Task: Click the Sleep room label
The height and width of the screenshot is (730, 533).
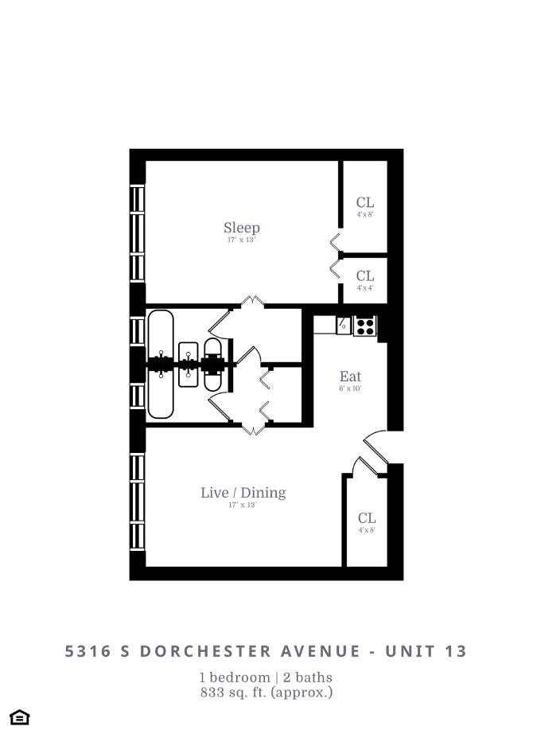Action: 241,228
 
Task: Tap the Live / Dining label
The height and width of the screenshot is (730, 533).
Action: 243,493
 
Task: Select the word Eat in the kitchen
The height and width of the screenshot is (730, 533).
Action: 350,377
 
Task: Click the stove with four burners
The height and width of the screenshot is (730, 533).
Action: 364,326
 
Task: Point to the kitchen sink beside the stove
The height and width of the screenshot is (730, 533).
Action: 344,325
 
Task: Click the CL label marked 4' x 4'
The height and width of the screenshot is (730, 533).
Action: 365,276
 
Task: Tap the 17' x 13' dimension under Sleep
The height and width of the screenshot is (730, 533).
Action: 241,240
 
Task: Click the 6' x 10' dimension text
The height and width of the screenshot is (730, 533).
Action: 350,389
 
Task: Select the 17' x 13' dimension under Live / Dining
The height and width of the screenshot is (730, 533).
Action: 243,505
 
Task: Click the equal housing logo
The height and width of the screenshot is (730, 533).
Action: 20,716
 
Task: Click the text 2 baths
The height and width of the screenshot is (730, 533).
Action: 305,677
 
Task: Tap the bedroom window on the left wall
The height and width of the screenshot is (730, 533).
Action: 138,232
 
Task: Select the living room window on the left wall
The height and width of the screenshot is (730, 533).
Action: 138,502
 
